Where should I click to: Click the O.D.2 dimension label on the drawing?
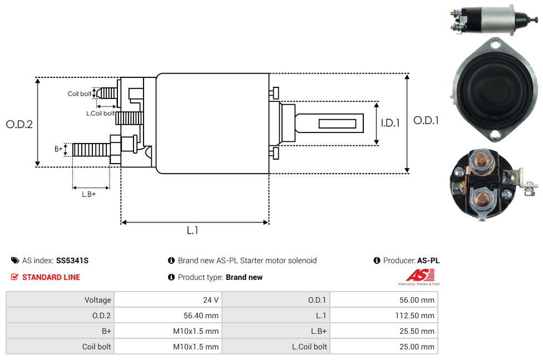[19, 124]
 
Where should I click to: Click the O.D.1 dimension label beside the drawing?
[426, 120]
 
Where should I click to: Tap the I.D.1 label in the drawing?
[390, 123]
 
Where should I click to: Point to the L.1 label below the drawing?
[192, 230]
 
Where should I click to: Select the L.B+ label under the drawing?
[89, 194]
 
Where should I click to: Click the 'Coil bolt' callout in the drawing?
[79, 94]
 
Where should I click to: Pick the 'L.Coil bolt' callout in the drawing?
[100, 114]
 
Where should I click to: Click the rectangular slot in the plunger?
[338, 123]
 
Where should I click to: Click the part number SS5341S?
[72, 260]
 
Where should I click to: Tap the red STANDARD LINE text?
[51, 277]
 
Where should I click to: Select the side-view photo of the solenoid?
[492, 21]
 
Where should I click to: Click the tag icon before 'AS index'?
[15, 260]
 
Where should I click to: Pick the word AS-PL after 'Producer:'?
[428, 260]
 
